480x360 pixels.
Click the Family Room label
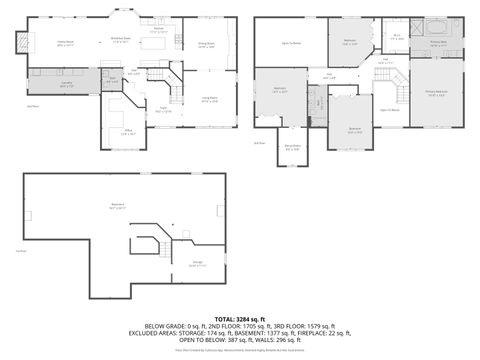pyautogui.click(x=65, y=44)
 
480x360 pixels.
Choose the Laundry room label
pyautogui.click(x=66, y=85)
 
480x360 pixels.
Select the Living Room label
pyautogui.click(x=210, y=98)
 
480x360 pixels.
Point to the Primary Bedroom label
pyautogui.click(x=438, y=96)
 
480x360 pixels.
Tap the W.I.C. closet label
pyautogui.click(x=397, y=38)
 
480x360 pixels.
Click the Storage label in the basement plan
pyautogui.click(x=198, y=264)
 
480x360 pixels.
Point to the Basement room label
pyautogui.click(x=117, y=207)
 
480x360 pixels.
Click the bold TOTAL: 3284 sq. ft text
pyautogui.click(x=239, y=319)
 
